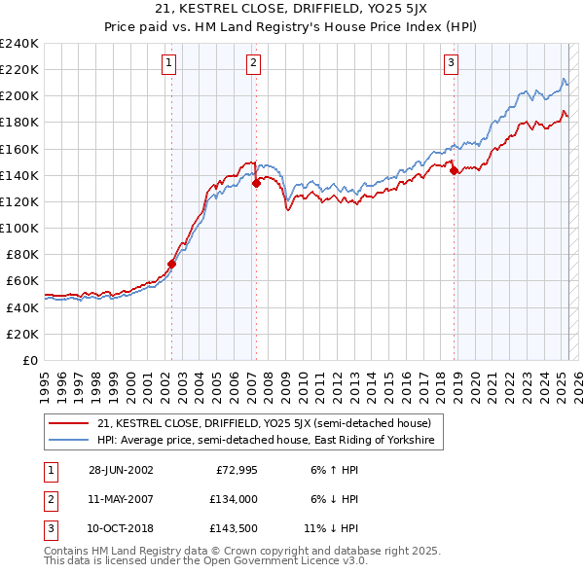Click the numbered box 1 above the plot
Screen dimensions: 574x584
(168, 64)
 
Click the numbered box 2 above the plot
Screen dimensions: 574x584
(253, 64)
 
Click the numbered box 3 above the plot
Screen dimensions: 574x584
(452, 64)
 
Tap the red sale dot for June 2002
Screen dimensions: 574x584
(172, 263)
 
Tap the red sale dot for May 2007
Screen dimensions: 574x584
(256, 182)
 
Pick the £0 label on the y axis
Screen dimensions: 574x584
(30, 360)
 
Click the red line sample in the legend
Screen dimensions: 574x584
(69, 423)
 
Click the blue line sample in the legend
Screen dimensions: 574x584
(69, 441)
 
